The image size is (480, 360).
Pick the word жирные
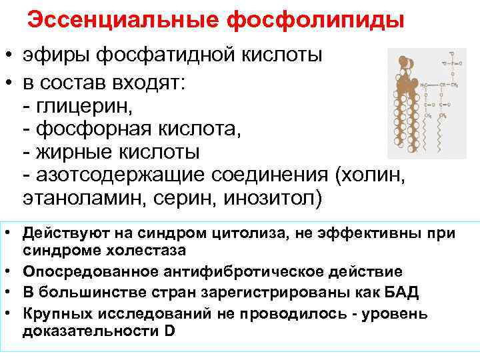(69, 152)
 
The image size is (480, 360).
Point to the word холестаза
(143, 250)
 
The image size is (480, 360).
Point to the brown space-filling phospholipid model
(406, 100)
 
